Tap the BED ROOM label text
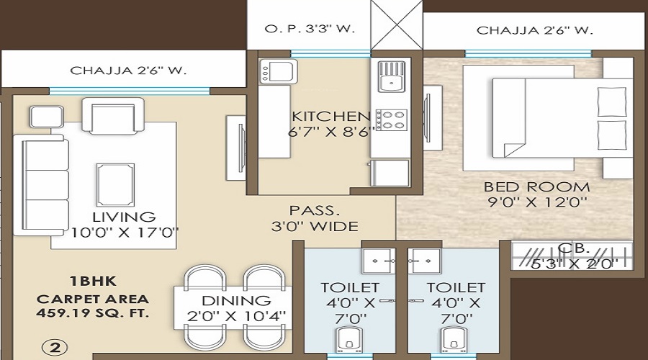coord(537,187)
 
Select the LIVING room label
coord(123,217)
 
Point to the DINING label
coord(235,300)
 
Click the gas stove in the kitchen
coord(391,119)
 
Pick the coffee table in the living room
coord(114,184)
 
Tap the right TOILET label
coord(455,287)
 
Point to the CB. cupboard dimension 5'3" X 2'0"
coord(574,264)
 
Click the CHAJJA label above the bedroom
coord(534,30)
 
